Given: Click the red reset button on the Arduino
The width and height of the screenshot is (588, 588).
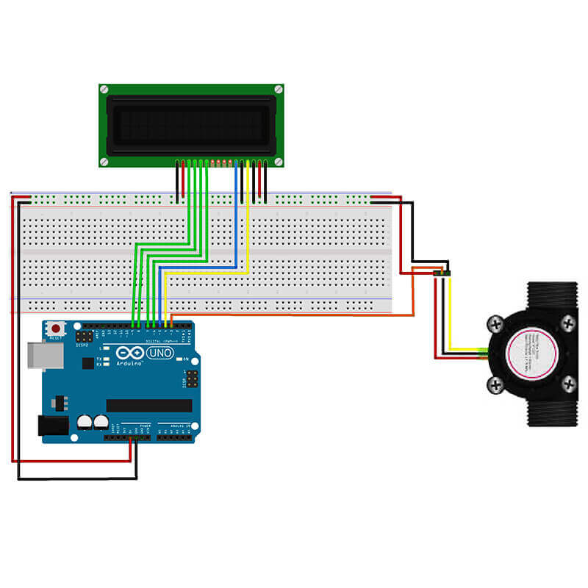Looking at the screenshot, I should coord(54,329).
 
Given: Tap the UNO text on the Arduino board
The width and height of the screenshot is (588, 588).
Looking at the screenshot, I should coord(160,354).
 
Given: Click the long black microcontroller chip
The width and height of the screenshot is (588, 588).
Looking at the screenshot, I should coord(148,406).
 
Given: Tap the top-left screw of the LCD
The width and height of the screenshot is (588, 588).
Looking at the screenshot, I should coord(104,90).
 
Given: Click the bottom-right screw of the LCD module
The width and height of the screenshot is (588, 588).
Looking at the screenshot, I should coord(279,161).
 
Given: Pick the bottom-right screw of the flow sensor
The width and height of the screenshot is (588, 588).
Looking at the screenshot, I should coord(568,383).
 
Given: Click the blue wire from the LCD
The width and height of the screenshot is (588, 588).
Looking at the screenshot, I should coord(236,220).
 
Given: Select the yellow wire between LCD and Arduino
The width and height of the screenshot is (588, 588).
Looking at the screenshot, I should coord(248,220).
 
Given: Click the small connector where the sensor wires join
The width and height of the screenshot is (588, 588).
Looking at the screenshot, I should coord(442,273).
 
